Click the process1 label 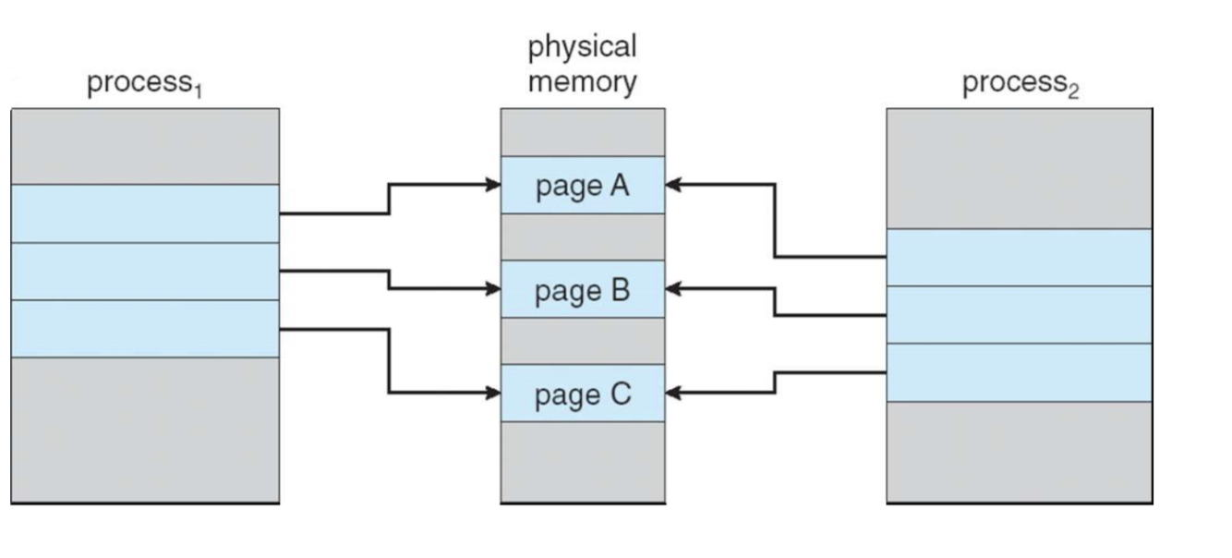click(145, 84)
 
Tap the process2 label click(1021, 84)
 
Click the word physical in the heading click(582, 47)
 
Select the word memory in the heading click(583, 82)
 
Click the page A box click(583, 185)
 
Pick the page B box click(583, 289)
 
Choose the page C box click(583, 393)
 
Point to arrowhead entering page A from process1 click(493, 185)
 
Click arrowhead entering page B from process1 click(493, 288)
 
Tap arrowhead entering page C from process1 click(493, 393)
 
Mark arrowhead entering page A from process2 click(673, 185)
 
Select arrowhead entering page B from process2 click(673, 288)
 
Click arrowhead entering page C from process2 click(673, 393)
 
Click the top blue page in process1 click(145, 213)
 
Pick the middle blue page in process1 click(145, 272)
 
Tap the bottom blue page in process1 click(145, 329)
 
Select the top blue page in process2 click(1020, 258)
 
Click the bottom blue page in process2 click(1020, 372)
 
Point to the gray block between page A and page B click(583, 237)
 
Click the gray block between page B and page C click(583, 341)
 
